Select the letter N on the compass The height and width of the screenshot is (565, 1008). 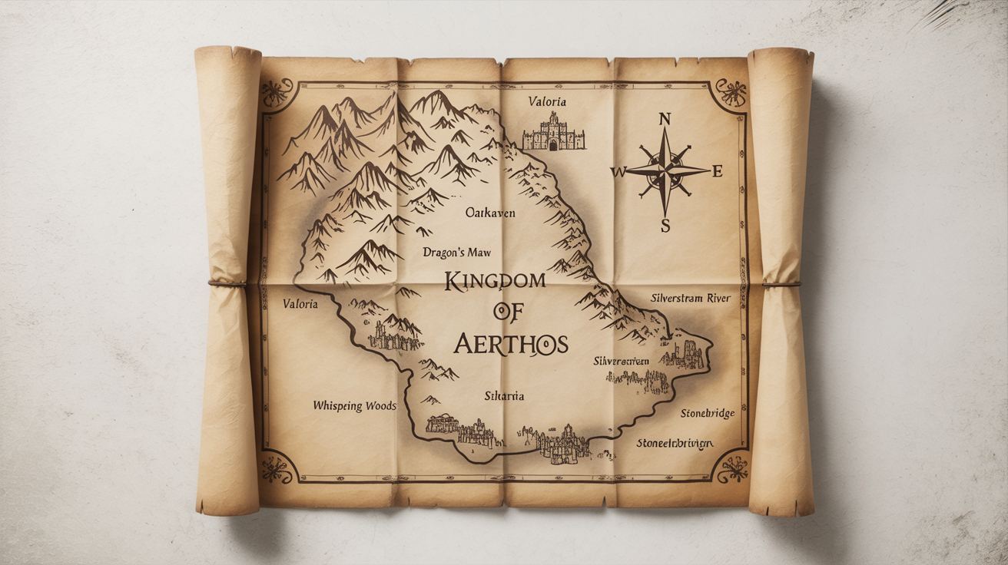point(665,119)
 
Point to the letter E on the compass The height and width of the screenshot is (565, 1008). point(718,172)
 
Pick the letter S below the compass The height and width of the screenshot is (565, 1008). point(665,226)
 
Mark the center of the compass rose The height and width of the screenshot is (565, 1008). point(665,171)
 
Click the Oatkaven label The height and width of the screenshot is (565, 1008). point(492,213)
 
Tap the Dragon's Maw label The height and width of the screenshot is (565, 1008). point(456,252)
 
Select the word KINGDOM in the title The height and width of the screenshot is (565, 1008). point(495,282)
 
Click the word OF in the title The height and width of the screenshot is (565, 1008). point(503,311)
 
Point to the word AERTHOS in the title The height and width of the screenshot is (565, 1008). point(511,343)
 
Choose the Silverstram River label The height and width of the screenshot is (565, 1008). point(690,298)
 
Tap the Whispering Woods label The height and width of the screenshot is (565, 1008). point(355,405)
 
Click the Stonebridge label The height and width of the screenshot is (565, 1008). point(707,414)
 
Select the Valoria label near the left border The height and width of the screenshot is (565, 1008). point(300,304)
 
